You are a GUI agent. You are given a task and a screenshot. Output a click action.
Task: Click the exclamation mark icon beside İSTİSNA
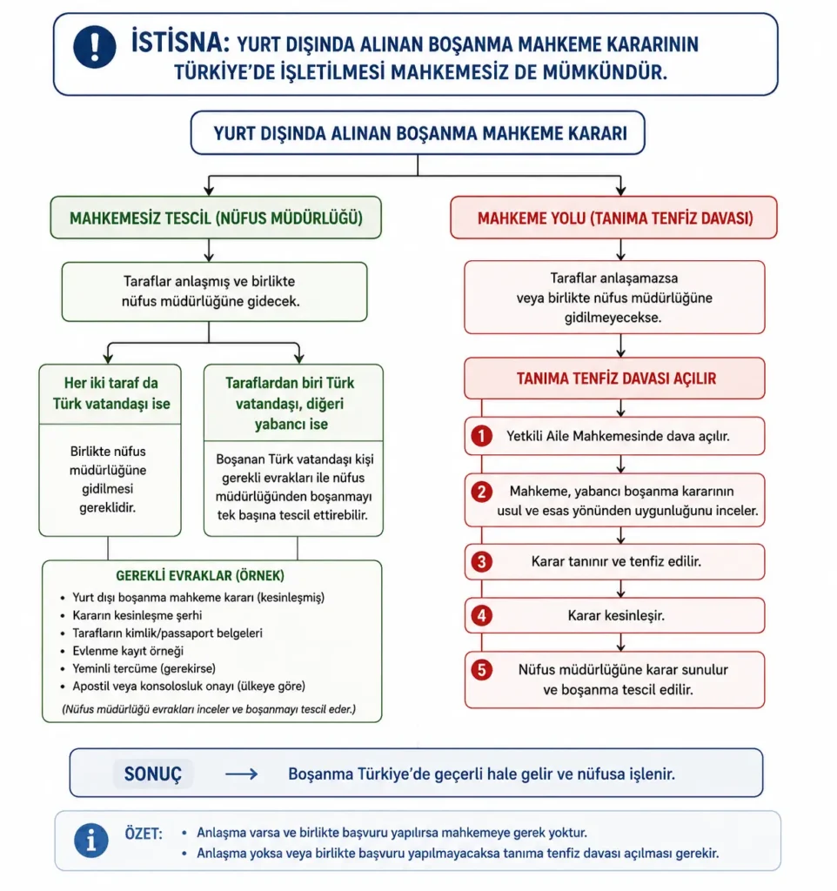pos(94,47)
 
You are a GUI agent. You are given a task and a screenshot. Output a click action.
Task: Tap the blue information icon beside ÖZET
pos(90,840)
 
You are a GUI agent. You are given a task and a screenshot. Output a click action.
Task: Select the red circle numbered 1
pos(481,436)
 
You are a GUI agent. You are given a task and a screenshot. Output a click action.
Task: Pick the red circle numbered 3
pos(481,561)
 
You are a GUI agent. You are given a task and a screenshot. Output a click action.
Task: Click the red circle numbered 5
pos(481,669)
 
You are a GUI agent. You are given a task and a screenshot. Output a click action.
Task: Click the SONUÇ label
pos(153,774)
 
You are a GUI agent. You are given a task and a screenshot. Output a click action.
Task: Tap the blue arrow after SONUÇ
pos(242,774)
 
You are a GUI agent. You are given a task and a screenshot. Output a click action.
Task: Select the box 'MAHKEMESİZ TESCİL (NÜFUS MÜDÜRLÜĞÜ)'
pos(216,218)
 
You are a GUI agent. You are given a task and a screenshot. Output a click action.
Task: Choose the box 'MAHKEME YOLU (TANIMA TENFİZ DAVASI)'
pos(613,218)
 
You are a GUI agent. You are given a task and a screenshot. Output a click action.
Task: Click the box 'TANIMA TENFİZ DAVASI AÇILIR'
pos(615,379)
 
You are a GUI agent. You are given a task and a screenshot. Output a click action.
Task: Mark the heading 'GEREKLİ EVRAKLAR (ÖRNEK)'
pos(200,576)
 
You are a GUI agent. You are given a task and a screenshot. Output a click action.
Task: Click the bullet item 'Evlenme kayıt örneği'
pos(128,651)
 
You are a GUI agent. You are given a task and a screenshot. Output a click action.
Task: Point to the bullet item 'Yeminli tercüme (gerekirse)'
pos(144,668)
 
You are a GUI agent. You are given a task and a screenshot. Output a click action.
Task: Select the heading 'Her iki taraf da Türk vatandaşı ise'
pos(111,393)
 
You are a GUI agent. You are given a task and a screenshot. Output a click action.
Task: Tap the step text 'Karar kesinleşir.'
pos(616,615)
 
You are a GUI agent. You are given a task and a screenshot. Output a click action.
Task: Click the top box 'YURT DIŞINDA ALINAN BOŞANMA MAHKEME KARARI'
pos(418,133)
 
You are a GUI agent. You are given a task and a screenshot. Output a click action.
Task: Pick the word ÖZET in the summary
pos(144,834)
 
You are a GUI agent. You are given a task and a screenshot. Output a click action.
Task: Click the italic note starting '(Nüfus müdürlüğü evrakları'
pos(209,709)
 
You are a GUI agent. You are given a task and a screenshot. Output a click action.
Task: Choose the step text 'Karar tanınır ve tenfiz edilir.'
pos(616,561)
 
